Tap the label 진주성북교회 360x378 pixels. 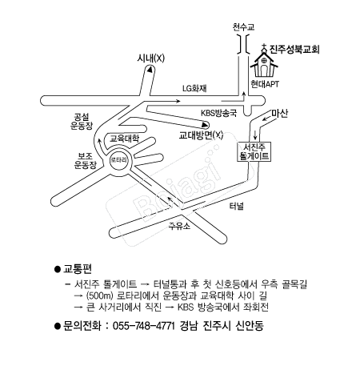pos(294,49)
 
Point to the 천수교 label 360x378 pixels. pos(243,26)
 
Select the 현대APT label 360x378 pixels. pos(265,84)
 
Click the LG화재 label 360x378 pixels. pos(194,88)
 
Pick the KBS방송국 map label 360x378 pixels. pos(218,113)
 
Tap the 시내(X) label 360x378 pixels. pos(151,58)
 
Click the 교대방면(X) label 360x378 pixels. pos(201,135)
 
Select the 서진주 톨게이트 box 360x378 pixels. pos(254,151)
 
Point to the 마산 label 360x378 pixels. pos(280,113)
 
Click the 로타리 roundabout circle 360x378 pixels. pos(118,160)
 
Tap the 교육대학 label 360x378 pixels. pos(125,139)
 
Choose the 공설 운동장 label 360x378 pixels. pos(82,121)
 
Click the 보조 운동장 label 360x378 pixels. pos(85,160)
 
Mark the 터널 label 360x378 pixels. pos(237,206)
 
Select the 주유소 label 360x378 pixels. pos(179,226)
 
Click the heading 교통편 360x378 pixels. pos(78,269)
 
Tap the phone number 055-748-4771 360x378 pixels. pos(144,326)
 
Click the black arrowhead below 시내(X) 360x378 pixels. pos(150,70)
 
